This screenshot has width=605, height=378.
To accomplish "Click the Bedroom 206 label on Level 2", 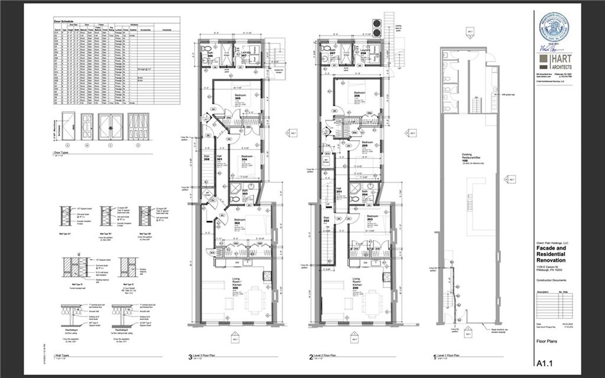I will [x=358, y=95].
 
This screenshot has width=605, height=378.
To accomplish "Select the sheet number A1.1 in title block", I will [x=545, y=363].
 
